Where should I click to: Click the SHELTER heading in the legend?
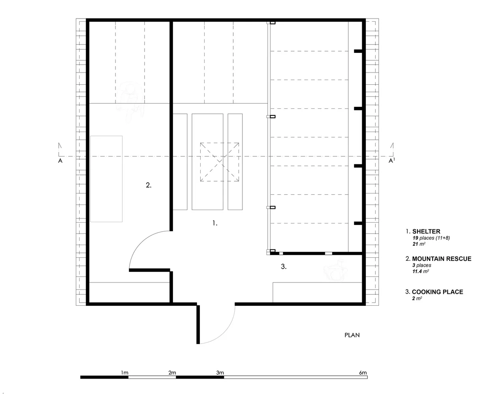(x=426, y=232)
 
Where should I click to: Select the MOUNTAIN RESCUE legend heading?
(x=441, y=259)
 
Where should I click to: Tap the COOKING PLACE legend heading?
(x=437, y=292)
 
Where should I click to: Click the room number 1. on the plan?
(x=215, y=223)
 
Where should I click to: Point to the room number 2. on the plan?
(x=149, y=185)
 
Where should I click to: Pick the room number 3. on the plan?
(x=283, y=267)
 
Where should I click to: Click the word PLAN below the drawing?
(x=352, y=335)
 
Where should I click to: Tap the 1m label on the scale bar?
(x=125, y=372)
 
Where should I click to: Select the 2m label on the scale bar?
(x=172, y=372)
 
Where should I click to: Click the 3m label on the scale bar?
(x=220, y=372)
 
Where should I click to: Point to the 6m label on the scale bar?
(x=363, y=372)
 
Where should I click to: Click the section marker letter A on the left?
(x=60, y=161)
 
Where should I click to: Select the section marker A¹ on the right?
(x=391, y=161)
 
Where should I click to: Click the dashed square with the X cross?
(x=220, y=162)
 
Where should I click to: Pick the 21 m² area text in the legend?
(x=417, y=244)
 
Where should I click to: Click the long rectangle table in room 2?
(x=106, y=178)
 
